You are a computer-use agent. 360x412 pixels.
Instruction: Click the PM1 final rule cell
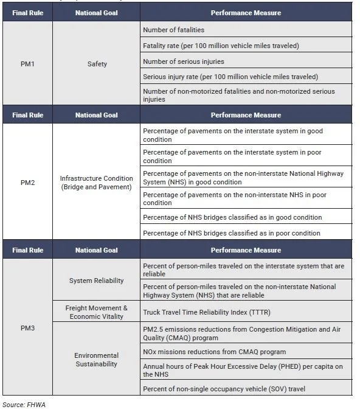click(x=28, y=63)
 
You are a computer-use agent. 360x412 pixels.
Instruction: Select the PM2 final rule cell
click(x=28, y=182)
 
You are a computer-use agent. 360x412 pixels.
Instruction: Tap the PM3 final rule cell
click(x=28, y=328)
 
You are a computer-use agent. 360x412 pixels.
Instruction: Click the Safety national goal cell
click(x=97, y=63)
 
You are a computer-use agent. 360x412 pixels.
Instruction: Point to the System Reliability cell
click(x=97, y=281)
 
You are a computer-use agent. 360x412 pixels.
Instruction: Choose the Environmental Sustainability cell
click(x=97, y=359)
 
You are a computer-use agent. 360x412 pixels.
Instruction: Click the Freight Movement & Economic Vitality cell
click(x=97, y=312)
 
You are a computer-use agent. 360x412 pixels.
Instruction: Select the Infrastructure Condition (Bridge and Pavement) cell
click(x=97, y=182)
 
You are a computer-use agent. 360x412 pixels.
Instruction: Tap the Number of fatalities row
click(x=246, y=30)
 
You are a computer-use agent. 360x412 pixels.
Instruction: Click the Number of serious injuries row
click(x=246, y=61)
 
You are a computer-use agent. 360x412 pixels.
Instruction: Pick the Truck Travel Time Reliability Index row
click(x=246, y=312)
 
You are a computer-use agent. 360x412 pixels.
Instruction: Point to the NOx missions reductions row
click(x=246, y=352)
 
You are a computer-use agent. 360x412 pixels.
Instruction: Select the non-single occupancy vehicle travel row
click(x=246, y=388)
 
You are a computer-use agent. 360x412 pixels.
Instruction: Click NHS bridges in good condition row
click(x=246, y=217)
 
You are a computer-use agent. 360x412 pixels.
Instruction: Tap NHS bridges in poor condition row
click(x=246, y=233)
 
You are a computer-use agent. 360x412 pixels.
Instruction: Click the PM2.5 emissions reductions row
click(x=246, y=332)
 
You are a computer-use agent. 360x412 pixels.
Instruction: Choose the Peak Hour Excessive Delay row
click(x=246, y=370)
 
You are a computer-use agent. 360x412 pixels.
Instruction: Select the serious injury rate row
click(x=246, y=77)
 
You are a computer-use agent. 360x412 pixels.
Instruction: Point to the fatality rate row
click(x=246, y=46)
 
